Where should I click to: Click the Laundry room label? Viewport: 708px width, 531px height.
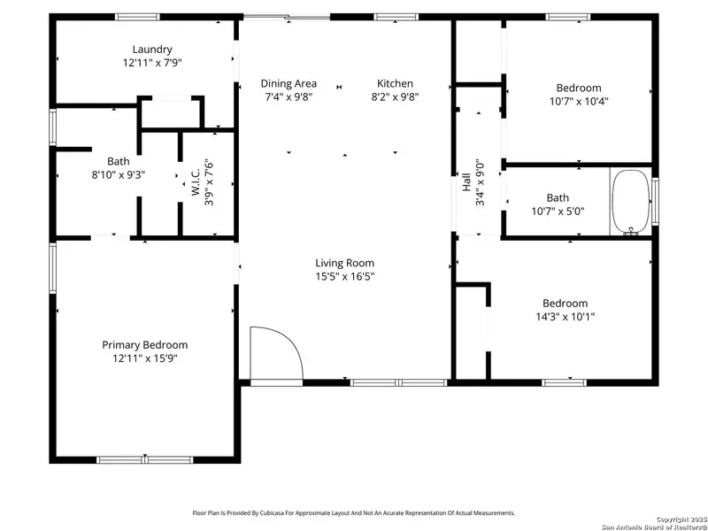tap(152, 50)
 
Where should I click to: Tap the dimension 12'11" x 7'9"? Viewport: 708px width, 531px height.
tap(152, 64)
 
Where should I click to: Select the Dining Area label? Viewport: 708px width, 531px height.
tap(289, 84)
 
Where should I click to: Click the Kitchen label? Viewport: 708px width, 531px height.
tap(395, 84)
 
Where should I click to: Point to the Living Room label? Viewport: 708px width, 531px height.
tap(345, 263)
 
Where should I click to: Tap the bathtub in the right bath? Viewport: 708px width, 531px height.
tap(630, 202)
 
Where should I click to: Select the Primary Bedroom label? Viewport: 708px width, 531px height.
tap(145, 345)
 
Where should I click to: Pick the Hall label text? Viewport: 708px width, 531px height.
tap(466, 183)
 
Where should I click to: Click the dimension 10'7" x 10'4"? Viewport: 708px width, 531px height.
tap(579, 101)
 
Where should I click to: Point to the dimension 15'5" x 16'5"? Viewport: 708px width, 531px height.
tap(345, 276)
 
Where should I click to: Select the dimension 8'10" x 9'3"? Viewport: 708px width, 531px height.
tap(119, 174)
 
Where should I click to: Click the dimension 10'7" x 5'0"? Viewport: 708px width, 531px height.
tap(558, 211)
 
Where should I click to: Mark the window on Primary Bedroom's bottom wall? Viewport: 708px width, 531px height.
tap(133, 459)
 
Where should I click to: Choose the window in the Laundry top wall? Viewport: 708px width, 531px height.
tap(138, 16)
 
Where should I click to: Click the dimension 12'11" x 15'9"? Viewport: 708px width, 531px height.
tap(145, 359)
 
